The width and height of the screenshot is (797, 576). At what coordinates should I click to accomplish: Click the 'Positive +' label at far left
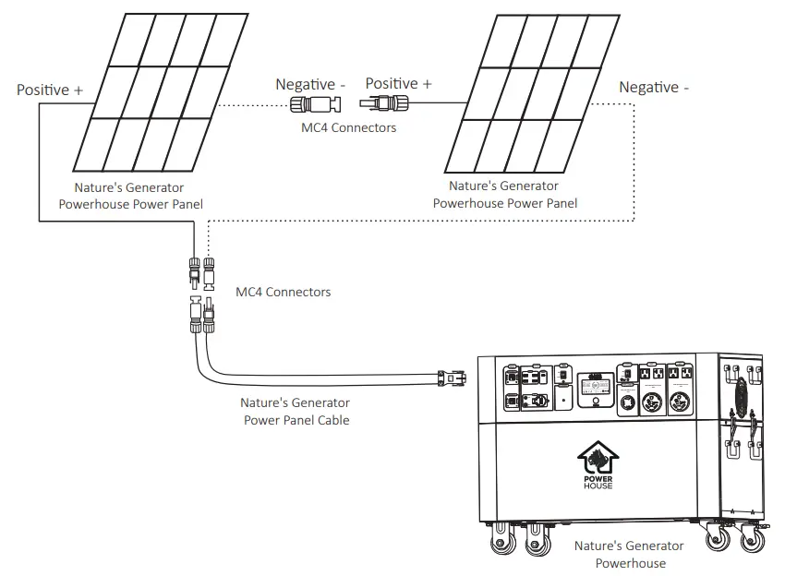pyautogui.click(x=50, y=90)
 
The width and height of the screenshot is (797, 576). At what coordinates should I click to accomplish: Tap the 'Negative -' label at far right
pyautogui.click(x=654, y=88)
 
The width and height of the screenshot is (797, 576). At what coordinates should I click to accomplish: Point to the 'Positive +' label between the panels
pyautogui.click(x=398, y=84)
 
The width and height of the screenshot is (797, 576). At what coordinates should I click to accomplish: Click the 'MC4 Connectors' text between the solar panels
pyautogui.click(x=348, y=127)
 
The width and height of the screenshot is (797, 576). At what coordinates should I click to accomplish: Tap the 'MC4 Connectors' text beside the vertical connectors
pyautogui.click(x=283, y=292)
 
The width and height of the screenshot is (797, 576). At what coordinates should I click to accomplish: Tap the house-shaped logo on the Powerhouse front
pyautogui.click(x=598, y=456)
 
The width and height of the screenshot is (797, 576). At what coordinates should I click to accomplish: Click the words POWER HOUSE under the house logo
pyautogui.click(x=598, y=481)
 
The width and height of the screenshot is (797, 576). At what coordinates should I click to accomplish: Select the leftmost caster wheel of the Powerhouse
pyautogui.click(x=503, y=542)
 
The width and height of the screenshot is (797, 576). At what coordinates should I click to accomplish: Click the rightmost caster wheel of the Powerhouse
pyautogui.click(x=750, y=541)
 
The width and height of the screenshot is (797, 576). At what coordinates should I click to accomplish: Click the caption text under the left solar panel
pyautogui.click(x=130, y=195)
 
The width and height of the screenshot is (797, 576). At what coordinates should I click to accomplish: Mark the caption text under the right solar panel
pyautogui.click(x=504, y=195)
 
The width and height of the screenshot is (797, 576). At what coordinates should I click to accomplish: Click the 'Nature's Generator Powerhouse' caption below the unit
pyautogui.click(x=629, y=554)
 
